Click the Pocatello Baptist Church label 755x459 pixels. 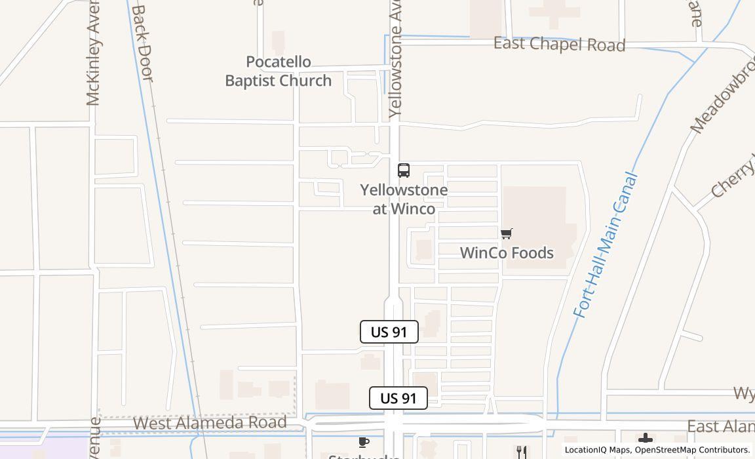pos(279,71)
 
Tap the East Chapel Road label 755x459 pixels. pos(559,45)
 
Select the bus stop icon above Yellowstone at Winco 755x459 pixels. pos(404,170)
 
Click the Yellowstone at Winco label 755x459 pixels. pos(404,199)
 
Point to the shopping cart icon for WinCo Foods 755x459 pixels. pos(506,233)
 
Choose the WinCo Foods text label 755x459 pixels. pos(507,253)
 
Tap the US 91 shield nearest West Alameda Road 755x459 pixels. pos(398,398)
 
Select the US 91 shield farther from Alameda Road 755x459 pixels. pos(389,332)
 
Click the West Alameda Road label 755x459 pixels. pos(210,423)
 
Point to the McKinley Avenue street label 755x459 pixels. pos(94,62)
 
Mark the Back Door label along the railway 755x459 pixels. pos(142,43)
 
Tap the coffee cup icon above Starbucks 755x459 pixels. pos(364,443)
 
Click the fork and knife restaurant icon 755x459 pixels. pos(521,451)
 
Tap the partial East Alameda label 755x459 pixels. pos(720,427)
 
